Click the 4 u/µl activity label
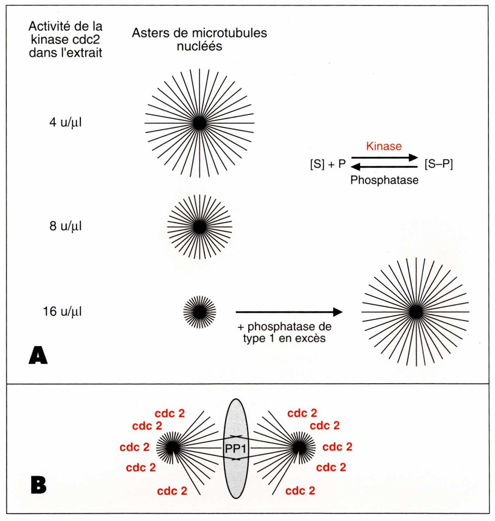tap(65, 123)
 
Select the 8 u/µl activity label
tap(65, 226)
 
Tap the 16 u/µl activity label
tap(62, 312)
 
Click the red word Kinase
tap(384, 146)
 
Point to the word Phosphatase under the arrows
tap(384, 180)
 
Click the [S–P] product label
tap(438, 164)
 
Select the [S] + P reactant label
tap(328, 164)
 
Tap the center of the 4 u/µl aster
tap(200, 123)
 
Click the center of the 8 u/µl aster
tap(200, 227)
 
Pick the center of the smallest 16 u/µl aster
tap(200, 312)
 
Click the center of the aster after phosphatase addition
tap(416, 312)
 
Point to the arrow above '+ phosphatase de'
tap(289, 312)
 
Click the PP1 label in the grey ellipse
tap(236, 449)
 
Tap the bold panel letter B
tap(38, 485)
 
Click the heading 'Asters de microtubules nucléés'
tap(199, 39)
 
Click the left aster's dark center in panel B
tap(172, 448)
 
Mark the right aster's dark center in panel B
tap(300, 448)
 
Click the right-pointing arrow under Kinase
tap(385, 157)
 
